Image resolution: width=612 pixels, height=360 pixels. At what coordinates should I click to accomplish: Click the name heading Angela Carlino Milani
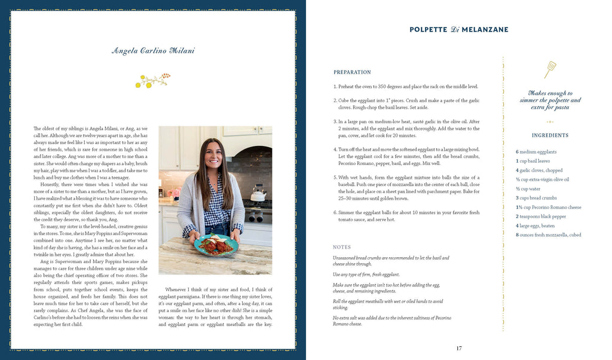click(x=153, y=51)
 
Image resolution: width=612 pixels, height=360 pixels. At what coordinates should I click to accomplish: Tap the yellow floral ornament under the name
click(x=153, y=80)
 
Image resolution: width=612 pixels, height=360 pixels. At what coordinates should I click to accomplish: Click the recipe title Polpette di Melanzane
click(x=459, y=29)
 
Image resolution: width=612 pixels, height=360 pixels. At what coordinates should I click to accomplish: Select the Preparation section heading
click(x=352, y=72)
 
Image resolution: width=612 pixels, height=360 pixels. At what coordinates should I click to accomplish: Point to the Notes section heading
click(x=342, y=247)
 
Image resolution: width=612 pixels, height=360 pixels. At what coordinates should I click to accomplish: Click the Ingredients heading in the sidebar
click(x=550, y=135)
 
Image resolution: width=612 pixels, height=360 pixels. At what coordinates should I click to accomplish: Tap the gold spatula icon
click(x=550, y=69)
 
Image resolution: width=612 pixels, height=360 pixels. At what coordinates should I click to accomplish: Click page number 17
click(x=459, y=349)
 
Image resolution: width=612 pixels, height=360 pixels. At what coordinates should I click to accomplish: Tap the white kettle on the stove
click(x=258, y=194)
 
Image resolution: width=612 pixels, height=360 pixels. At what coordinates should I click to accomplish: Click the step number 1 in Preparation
click(x=335, y=87)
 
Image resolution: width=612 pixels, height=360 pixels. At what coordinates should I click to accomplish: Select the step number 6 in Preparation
click(x=335, y=212)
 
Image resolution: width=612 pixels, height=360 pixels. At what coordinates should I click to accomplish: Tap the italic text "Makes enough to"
click(x=550, y=93)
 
